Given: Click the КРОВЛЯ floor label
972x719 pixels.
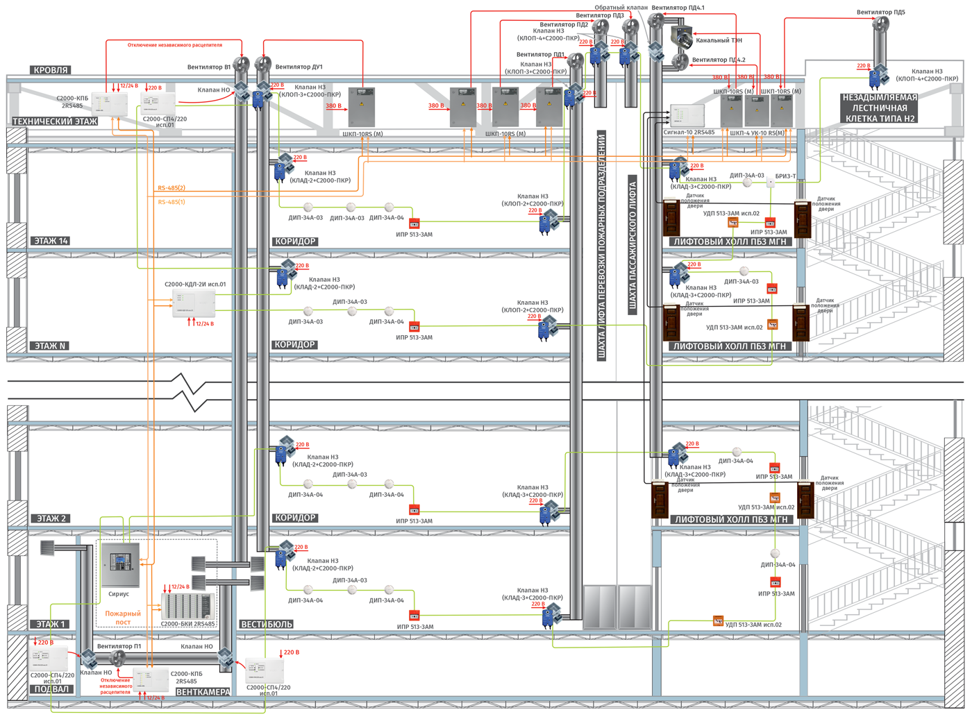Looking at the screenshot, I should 51,70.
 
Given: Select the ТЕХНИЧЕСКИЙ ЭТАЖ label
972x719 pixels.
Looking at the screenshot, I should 55,121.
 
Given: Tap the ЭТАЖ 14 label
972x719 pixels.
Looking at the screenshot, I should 51,241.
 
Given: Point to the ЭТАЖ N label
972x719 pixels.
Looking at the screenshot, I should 50,346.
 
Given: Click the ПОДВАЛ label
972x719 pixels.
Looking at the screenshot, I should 51,689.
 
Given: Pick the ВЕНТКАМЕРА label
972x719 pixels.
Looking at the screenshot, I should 203,692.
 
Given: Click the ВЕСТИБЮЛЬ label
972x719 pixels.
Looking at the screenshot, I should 267,624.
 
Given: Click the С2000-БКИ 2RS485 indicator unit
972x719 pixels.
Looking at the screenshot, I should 187,606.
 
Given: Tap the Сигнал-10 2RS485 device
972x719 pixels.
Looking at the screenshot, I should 687,116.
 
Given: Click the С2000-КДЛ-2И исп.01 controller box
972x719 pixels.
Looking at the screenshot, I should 194,304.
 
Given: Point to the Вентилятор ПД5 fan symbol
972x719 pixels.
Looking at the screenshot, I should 880,25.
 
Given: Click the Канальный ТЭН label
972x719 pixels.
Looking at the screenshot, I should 719,41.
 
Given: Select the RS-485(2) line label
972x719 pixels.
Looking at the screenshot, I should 171,188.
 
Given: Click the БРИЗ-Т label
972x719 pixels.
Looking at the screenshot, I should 785,176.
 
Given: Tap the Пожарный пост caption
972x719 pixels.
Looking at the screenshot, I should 123,618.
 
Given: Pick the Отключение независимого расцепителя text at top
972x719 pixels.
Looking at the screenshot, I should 175,45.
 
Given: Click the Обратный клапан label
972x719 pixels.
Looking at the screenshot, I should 621,8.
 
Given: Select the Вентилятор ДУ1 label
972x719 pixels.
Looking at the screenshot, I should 299,67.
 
